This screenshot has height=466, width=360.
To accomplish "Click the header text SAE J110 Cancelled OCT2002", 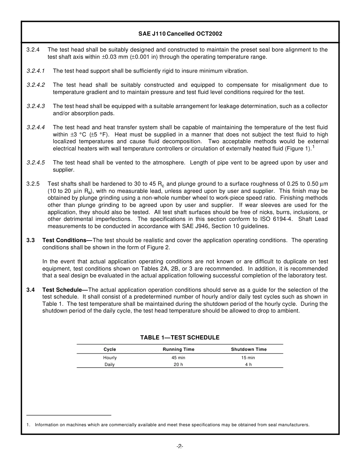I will [180, 34].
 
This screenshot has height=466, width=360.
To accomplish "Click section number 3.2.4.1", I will [36, 71].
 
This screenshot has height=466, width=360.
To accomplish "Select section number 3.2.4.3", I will [36, 106].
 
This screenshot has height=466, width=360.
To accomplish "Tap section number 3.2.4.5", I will [36, 163].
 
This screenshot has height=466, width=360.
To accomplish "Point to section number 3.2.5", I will [33, 184].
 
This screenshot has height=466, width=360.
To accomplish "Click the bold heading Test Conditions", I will [65, 240].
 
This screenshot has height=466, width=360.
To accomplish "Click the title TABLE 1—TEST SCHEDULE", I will [180, 338].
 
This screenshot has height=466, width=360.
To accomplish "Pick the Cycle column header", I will [110, 349].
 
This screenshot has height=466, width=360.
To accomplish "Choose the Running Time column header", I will [178, 349].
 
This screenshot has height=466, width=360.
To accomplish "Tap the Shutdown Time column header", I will [249, 349].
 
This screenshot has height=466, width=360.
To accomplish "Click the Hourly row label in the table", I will [110, 358].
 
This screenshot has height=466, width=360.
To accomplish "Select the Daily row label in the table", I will [110, 364].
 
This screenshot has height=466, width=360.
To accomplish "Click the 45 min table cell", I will [178, 358].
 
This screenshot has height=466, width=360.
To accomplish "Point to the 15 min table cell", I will [248, 358].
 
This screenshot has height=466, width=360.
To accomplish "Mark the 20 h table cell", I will [178, 364].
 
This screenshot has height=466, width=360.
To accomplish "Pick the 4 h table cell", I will [248, 364].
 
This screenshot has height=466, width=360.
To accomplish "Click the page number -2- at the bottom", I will [180, 447].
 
